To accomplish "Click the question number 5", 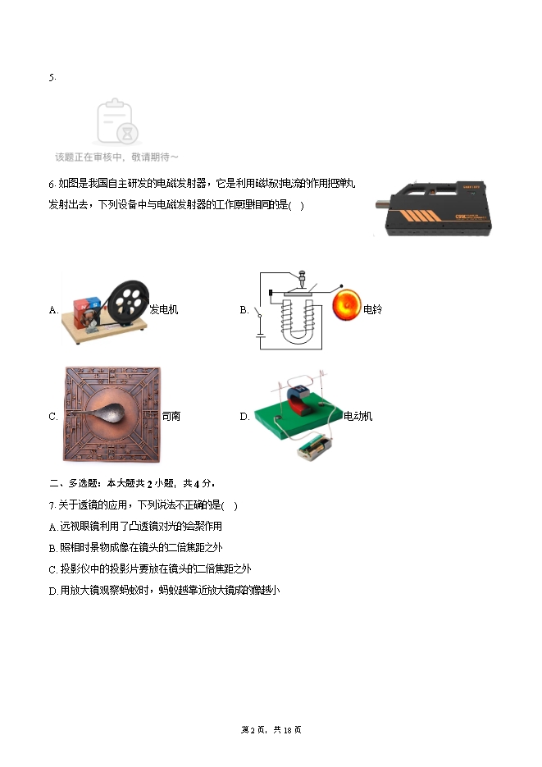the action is (52, 77).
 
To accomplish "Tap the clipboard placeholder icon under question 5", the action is (117, 121).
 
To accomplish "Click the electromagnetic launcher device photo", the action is (434, 208).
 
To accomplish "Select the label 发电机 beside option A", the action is (164, 309).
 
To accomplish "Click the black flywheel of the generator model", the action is (128, 303).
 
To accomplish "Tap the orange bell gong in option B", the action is (347, 304).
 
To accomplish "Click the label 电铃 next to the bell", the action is (372, 309).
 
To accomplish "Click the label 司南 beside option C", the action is (171, 416).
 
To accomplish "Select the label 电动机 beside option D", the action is (358, 416).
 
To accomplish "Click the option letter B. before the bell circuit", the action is (244, 309).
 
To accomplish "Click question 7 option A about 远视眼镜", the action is (135, 526).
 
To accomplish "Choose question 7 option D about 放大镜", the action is (164, 591).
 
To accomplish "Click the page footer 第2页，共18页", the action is (271, 730).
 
